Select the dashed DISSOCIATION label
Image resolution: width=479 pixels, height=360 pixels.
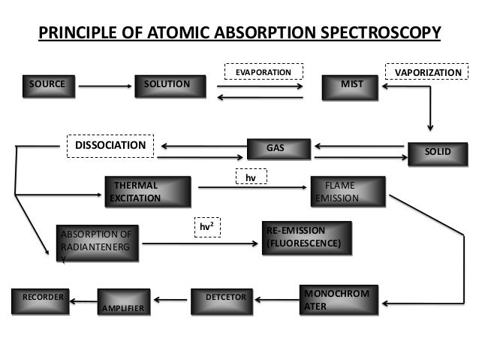coord(110,145)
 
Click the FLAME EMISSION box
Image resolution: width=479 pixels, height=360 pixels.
coord(348,191)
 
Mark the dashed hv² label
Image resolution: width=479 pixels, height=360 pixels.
coord(207,226)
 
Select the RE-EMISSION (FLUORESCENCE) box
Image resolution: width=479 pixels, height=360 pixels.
coord(306,237)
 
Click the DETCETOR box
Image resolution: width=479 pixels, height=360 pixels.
coord(223,300)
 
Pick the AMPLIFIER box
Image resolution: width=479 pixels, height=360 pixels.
coord(124,302)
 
